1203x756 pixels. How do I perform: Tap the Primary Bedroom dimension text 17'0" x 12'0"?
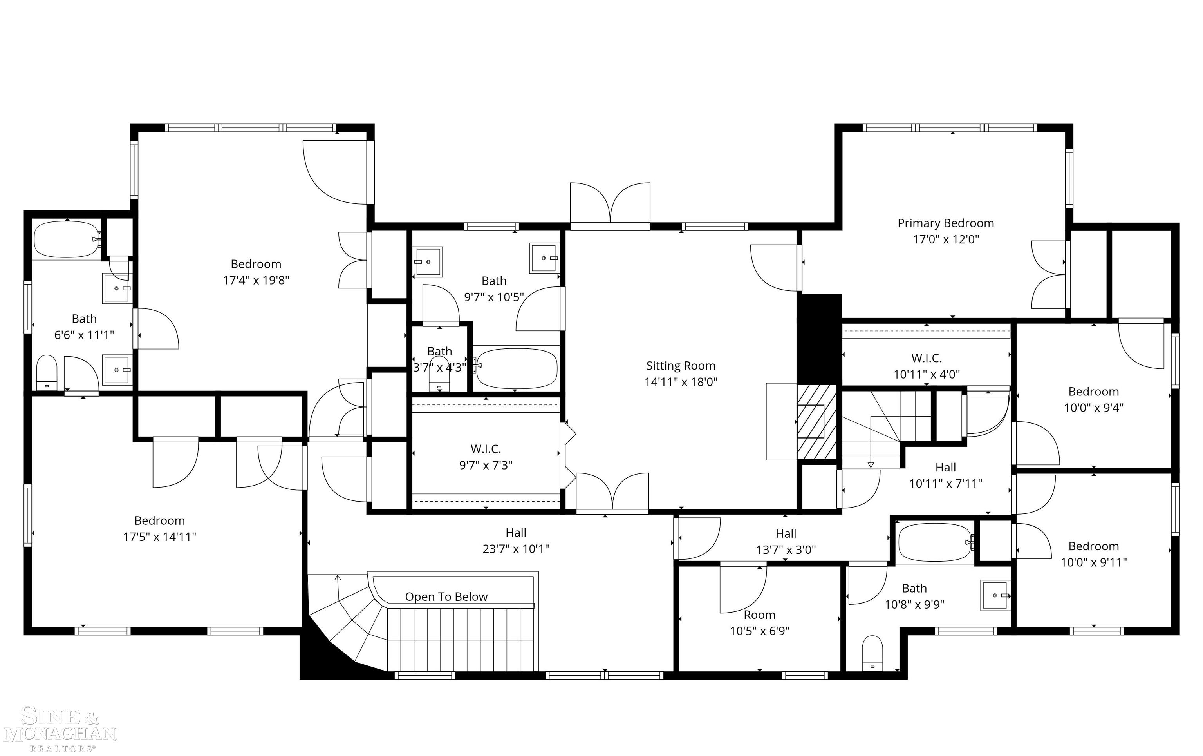tap(946, 239)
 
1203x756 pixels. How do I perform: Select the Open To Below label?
tap(446, 597)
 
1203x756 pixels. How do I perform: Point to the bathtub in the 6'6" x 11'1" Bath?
tap(67, 239)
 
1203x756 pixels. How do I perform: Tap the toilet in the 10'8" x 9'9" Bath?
tap(872, 653)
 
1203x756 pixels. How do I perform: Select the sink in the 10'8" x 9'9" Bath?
tap(995, 595)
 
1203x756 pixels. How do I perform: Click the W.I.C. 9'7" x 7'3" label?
tap(486, 457)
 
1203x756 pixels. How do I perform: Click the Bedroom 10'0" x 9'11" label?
tap(1094, 554)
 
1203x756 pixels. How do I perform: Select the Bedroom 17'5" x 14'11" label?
tap(159, 529)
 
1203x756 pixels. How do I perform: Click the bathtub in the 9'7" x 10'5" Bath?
tap(516, 368)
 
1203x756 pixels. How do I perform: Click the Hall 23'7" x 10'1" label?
tap(516, 540)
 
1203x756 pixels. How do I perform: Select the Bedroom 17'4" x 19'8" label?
tap(256, 272)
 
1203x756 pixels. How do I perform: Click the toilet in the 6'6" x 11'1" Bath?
tap(47, 372)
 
